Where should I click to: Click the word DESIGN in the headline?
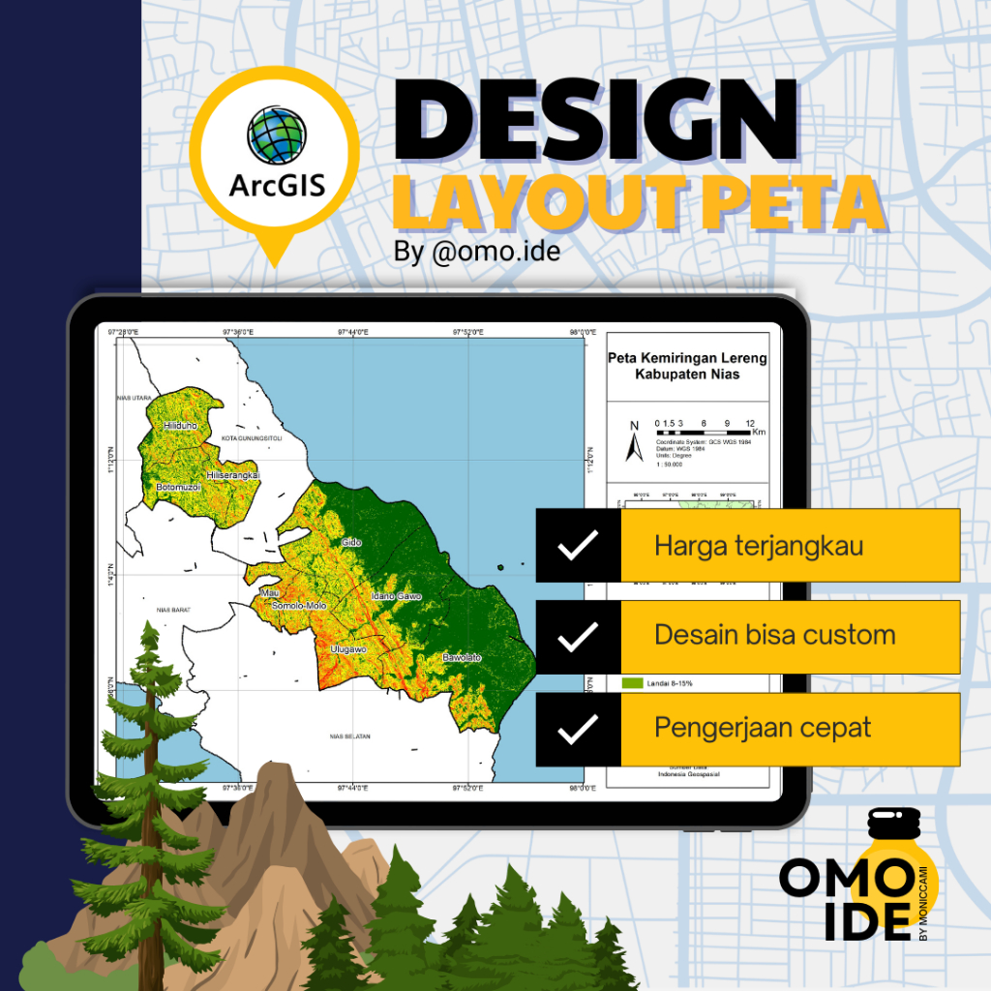tap(594, 126)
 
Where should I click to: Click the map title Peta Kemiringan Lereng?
tap(687, 358)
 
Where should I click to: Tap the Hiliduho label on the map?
tap(180, 425)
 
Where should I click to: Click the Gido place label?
tap(350, 543)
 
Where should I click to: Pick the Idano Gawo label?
tap(397, 596)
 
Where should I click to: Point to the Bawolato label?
tap(462, 658)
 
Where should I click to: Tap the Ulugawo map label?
tap(347, 648)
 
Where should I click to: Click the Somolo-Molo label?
tap(299, 606)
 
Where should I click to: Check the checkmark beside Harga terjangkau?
tap(578, 546)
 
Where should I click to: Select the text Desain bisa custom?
tap(774, 636)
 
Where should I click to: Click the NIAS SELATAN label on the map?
tap(351, 736)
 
